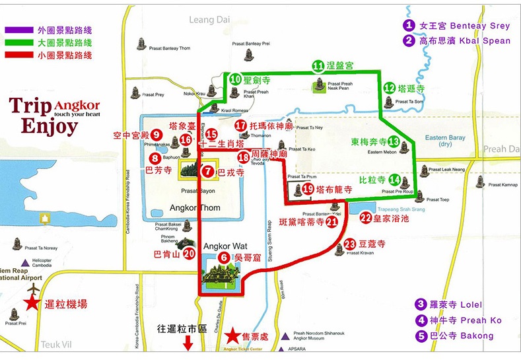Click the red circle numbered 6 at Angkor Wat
pyautogui.click(x=225, y=258)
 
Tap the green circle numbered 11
pyautogui.click(x=318, y=66)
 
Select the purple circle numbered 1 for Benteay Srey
pyautogui.click(x=410, y=25)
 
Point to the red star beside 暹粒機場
pyautogui.click(x=31, y=304)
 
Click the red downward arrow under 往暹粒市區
pyautogui.click(x=188, y=343)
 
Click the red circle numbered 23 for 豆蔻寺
pyautogui.click(x=351, y=244)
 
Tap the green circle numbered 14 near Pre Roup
pyautogui.click(x=395, y=179)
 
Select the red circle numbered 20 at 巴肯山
pyautogui.click(x=190, y=253)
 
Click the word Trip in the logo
pyautogui.click(x=30, y=107)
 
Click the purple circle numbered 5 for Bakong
pyautogui.click(x=421, y=336)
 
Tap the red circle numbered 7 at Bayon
pyautogui.click(x=209, y=172)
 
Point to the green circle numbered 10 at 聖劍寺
pyautogui.click(x=235, y=79)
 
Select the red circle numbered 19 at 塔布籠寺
pyautogui.click(x=308, y=189)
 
